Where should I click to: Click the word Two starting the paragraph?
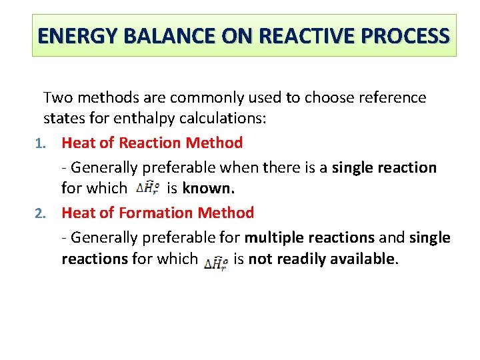tap(56, 98)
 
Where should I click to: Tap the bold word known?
tap(209, 189)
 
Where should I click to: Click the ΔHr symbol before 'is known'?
tap(147, 189)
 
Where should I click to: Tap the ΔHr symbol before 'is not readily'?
tap(216, 261)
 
